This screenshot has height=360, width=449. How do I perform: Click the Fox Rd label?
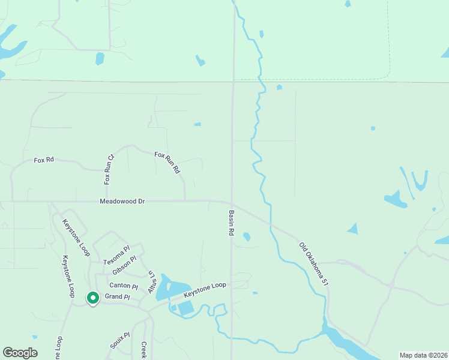[x=44, y=160]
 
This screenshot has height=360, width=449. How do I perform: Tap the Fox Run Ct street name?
[x=109, y=170]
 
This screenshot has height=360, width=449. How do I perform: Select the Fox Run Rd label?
[x=167, y=163]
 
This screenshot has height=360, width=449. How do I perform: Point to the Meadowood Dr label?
[x=122, y=202]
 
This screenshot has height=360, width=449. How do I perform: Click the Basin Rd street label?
[x=231, y=222]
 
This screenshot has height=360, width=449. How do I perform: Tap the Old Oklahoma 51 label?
[x=314, y=263]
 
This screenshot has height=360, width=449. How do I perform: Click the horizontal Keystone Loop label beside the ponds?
[x=205, y=290]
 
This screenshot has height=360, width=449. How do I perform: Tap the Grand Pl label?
[x=117, y=297]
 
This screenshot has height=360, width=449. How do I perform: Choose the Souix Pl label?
[x=119, y=340]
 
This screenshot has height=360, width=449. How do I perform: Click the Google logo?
[x=20, y=353]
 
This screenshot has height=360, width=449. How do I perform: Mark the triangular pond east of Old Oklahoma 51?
[x=352, y=229]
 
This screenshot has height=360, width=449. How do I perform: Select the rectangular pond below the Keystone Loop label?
[x=185, y=308]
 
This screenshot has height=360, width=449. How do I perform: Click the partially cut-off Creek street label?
[x=143, y=351]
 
